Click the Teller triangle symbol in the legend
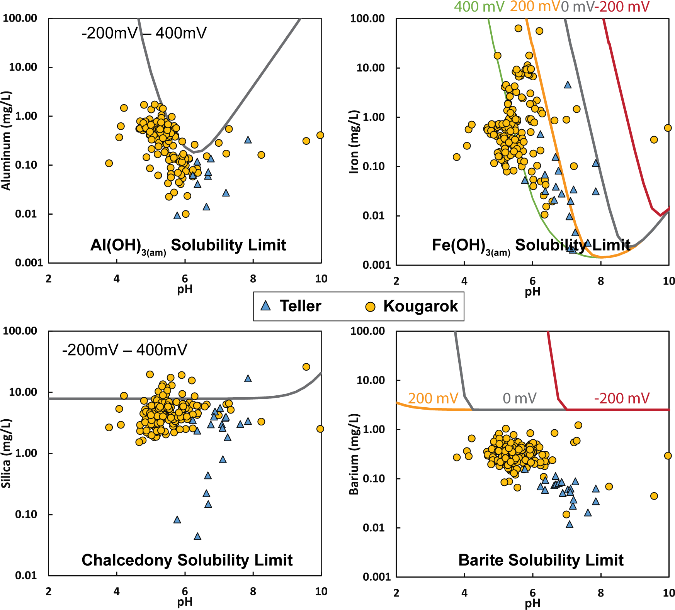265,306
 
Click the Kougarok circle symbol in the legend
370,307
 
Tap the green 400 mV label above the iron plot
479,7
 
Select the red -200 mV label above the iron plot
624,7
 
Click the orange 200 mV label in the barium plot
433,398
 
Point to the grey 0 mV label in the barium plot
519,398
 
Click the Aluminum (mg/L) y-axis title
7,141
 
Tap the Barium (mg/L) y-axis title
354,454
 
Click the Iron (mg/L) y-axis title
354,142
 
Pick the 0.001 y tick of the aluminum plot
29,263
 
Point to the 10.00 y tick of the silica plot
23,392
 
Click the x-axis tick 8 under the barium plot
600,593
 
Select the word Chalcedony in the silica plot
127,560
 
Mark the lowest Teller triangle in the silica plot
197,536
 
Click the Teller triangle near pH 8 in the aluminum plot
248,140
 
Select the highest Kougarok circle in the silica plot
306,367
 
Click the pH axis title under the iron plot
532,292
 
